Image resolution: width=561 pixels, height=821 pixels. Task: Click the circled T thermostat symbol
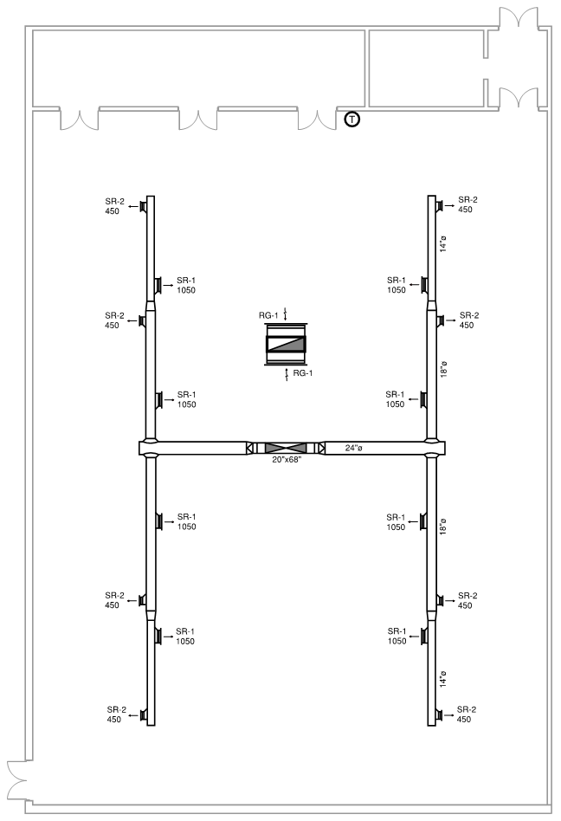[x=352, y=120]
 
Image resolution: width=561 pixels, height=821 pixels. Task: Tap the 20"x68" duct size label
[x=287, y=460]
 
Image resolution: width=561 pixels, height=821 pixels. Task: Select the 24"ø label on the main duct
[x=354, y=448]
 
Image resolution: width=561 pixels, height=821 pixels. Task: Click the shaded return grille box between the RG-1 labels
[x=286, y=344]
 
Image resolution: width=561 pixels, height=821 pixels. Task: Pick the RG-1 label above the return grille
[x=268, y=315]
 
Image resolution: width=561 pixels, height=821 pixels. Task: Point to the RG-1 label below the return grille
[x=302, y=372]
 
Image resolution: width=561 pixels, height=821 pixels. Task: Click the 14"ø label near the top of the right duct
[x=443, y=243]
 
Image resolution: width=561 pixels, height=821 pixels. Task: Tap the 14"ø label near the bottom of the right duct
[x=443, y=679]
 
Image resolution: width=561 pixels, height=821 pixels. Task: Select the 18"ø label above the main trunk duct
[x=444, y=369]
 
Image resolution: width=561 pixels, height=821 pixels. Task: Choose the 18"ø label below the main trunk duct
[x=443, y=527]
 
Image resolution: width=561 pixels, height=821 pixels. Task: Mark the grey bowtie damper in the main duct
[x=286, y=449]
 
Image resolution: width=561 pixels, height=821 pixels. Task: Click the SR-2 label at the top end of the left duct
[x=114, y=201]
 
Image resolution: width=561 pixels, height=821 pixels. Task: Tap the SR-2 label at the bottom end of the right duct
[x=467, y=709]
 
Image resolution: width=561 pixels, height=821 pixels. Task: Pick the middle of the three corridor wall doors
[x=197, y=120]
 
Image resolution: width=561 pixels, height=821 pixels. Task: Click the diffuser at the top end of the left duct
[x=142, y=206]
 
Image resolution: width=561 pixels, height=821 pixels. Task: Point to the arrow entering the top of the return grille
[x=285, y=314]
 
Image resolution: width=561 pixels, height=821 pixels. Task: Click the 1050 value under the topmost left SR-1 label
[x=186, y=290]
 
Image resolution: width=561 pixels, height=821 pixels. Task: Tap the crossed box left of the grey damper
[x=249, y=449]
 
